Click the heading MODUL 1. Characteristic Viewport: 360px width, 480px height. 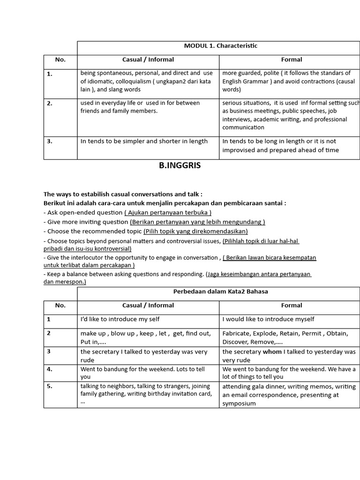click(220, 46)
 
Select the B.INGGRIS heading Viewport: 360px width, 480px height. click(180, 165)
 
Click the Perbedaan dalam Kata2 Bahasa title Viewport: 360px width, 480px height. click(220, 292)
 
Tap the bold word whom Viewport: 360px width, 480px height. click(272, 352)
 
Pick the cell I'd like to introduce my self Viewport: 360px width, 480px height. click(120, 319)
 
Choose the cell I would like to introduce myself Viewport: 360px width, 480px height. click(268, 319)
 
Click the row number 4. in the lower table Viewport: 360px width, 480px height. click(50, 369)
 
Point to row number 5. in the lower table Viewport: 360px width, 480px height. click(50, 386)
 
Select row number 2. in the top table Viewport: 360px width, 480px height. click(50, 104)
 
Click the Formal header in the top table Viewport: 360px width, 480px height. click(291, 60)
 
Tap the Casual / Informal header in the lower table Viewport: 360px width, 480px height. click(148, 305)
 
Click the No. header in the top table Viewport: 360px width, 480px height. click(60, 60)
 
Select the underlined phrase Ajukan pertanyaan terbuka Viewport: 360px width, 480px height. click(168, 213)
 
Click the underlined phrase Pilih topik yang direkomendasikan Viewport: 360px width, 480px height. click(195, 231)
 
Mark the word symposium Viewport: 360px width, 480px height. click(239, 403)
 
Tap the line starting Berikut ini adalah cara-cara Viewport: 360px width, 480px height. click(164, 203)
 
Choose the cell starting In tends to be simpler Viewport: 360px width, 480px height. click(144, 141)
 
